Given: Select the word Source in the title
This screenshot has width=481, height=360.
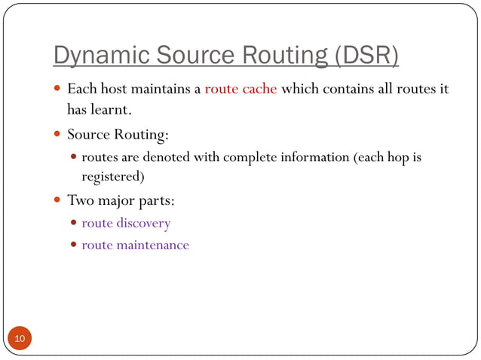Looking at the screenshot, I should coord(193,56).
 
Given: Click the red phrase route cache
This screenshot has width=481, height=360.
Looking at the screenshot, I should coord(240,89).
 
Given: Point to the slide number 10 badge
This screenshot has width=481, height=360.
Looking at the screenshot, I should coord(20,340).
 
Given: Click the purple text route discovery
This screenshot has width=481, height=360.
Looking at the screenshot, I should coord(126,223).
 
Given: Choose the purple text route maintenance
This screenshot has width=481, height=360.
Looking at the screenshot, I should coord(135,245).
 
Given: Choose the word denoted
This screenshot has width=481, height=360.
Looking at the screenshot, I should coord(165,157).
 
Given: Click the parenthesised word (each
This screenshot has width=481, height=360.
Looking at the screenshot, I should coord(366,157).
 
